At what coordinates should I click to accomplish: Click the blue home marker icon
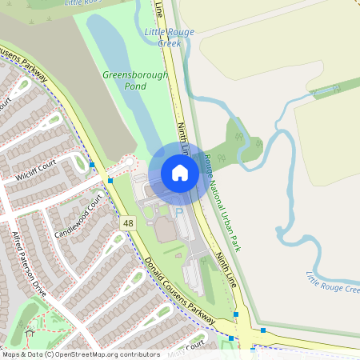point(179,172)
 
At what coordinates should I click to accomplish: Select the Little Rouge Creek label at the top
point(163,37)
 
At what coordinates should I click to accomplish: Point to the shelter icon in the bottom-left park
point(30,331)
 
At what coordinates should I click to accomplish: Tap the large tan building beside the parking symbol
point(166,230)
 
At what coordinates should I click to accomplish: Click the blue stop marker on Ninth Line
point(237,314)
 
